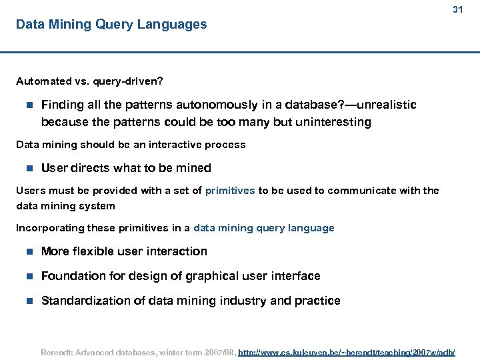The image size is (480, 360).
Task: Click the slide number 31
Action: [x=457, y=10]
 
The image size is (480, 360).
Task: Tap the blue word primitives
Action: [x=230, y=191]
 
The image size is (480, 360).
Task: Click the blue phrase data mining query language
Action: [x=264, y=228]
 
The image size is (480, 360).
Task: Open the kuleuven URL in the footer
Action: [x=347, y=351]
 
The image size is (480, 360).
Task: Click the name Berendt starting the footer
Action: [x=57, y=351]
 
